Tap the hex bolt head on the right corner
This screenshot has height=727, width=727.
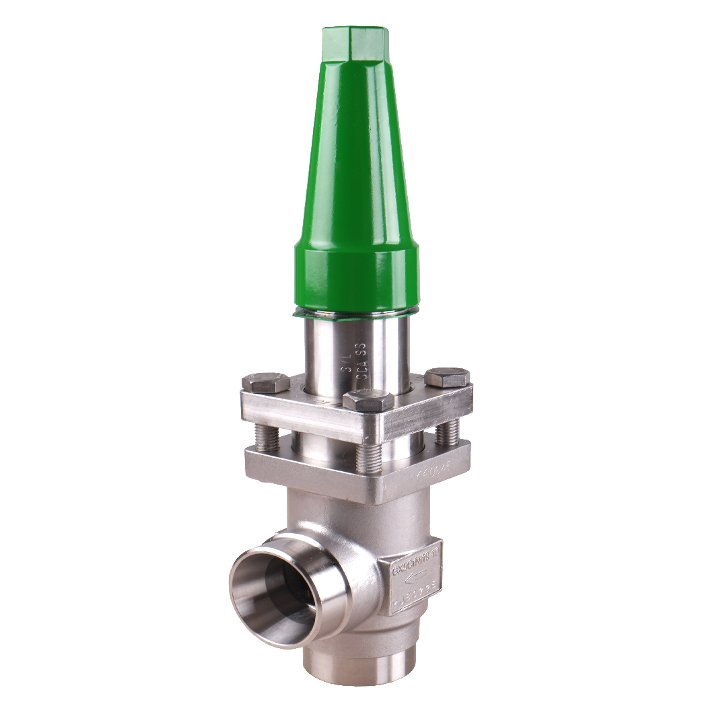446,377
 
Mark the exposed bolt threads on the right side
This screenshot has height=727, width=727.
447,434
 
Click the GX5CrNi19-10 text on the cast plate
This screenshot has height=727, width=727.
416,560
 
